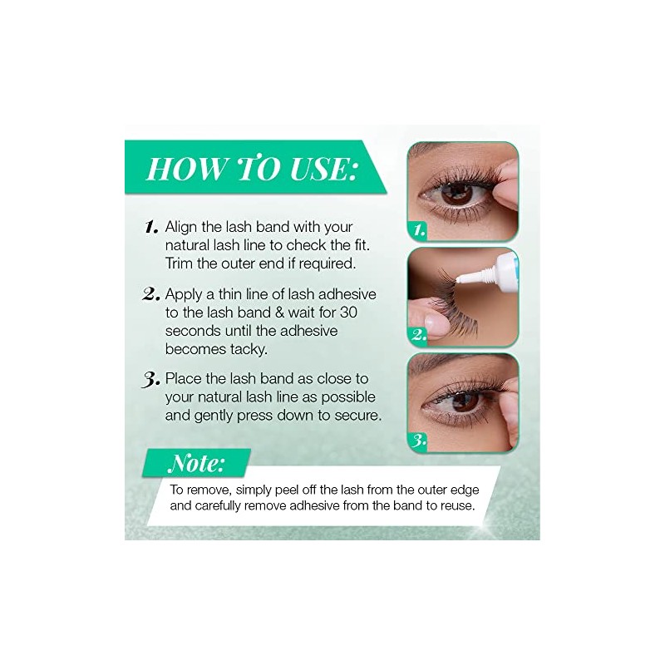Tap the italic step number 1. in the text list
pos(150,226)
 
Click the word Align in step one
pos(182,226)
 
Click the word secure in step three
pos(359,416)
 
